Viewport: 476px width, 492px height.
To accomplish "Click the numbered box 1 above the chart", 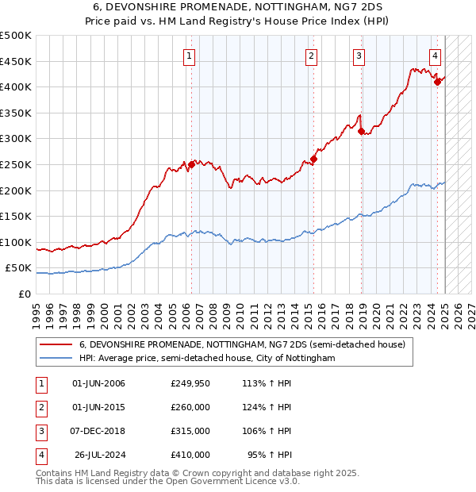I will (190, 56).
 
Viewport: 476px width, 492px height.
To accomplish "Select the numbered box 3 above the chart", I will (359, 56).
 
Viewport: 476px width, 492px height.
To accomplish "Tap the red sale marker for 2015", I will (313, 159).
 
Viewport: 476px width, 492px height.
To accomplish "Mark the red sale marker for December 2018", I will (362, 132).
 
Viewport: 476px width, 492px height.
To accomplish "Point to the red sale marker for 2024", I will (437, 81).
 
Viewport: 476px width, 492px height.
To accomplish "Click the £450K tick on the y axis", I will (16, 61).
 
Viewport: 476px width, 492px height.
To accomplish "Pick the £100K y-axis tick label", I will (16, 242).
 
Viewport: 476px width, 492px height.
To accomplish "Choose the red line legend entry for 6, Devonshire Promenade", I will (242, 344).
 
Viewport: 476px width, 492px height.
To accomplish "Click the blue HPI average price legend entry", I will (207, 359).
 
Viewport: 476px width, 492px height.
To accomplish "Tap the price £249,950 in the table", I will (190, 383).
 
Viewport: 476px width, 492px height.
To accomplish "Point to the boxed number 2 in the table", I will (40, 407).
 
